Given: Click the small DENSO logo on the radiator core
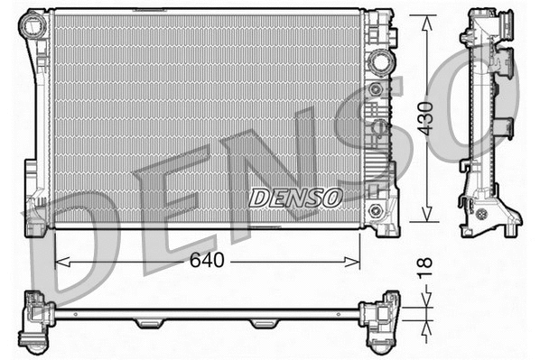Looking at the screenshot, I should (295, 195).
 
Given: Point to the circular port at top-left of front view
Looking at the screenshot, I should (37, 26).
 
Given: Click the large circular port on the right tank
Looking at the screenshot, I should (378, 63).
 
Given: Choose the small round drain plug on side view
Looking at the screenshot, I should (482, 216).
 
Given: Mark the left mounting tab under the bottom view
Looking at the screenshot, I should (149, 323).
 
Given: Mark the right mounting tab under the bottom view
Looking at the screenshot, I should (265, 323).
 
